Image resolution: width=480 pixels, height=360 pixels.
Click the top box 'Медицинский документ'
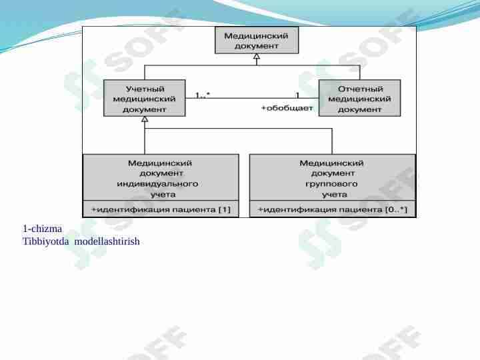(x=257, y=40)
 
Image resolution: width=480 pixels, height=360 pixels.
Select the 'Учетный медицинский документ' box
(x=145, y=98)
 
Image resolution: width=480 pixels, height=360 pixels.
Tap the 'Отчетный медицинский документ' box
(x=359, y=98)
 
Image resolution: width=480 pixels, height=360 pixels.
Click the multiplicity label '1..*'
(x=203, y=95)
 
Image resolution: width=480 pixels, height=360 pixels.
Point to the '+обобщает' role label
(x=287, y=108)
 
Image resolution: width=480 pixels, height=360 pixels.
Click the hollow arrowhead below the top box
(x=257, y=56)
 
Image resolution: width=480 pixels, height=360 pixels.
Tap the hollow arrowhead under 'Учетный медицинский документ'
(x=145, y=119)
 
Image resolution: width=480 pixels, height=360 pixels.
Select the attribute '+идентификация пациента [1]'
(x=161, y=210)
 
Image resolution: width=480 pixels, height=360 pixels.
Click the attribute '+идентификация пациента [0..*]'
(x=333, y=210)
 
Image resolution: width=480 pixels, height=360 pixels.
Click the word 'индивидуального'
(x=157, y=184)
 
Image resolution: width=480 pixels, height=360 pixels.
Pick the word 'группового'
(x=331, y=184)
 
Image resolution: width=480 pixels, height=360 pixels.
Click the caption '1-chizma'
(x=42, y=229)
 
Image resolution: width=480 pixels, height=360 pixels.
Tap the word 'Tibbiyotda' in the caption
(x=46, y=241)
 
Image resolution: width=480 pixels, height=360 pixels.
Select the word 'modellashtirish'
(x=107, y=241)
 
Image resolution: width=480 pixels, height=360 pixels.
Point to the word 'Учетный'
(x=145, y=89)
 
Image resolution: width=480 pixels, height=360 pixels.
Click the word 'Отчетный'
(x=361, y=89)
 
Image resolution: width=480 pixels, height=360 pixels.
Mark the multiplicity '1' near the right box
(x=297, y=95)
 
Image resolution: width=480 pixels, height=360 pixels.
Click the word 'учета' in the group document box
(x=335, y=195)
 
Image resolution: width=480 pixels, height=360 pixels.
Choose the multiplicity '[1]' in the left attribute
(x=225, y=210)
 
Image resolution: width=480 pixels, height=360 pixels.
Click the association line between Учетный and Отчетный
(x=252, y=98)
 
